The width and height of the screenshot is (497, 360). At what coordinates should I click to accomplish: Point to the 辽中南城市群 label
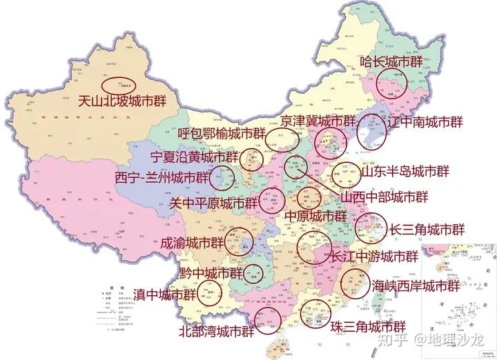pyautogui.click(x=425, y=122)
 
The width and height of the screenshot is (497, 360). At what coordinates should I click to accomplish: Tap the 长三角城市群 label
pyautogui.click(x=427, y=229)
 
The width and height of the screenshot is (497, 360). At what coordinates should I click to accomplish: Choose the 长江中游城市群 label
pyautogui.click(x=375, y=257)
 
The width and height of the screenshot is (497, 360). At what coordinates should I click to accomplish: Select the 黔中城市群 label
pyautogui.click(x=211, y=273)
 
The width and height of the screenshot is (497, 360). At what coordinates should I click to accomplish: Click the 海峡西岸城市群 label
pyautogui.click(x=416, y=284)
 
